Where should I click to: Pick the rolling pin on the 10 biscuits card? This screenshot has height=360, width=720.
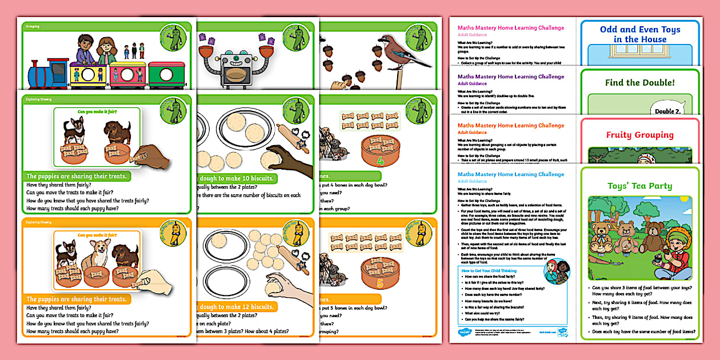[x=292, y=137]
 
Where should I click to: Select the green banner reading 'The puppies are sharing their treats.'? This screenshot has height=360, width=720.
[x=77, y=177]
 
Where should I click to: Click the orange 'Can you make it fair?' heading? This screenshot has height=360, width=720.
[x=97, y=234]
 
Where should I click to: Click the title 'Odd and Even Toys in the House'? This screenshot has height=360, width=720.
[x=639, y=34]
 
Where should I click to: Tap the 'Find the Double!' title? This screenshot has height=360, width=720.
[x=639, y=83]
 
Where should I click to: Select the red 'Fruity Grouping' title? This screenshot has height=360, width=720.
[x=639, y=135]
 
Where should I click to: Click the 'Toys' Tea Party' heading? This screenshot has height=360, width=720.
[x=639, y=186]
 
